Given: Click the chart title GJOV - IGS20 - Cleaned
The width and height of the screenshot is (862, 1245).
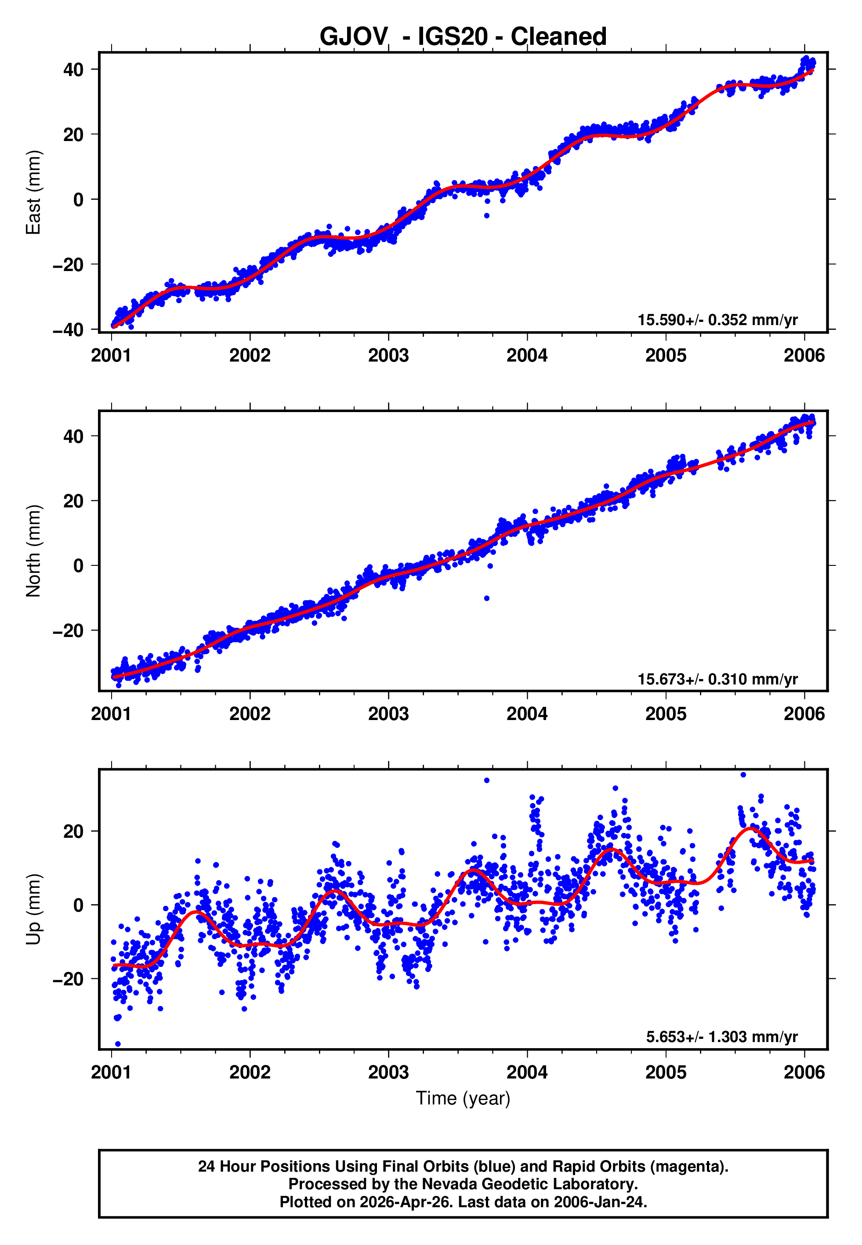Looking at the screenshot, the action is point(463,37).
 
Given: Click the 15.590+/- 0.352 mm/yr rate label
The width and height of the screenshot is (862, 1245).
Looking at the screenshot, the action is point(717,320).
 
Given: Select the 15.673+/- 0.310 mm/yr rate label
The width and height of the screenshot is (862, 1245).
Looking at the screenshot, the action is point(717,679).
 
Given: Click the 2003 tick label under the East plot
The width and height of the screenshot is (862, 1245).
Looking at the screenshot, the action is point(388,355).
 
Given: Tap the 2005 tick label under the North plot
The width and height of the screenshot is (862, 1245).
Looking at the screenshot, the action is point(666,714).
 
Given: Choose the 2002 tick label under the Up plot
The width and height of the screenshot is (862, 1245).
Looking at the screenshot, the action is point(250,1072).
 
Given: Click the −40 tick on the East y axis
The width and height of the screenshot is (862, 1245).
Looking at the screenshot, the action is point(68,329).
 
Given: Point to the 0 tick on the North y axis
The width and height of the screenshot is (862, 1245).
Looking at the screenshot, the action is point(78,565).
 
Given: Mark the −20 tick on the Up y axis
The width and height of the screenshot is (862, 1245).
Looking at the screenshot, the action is point(68,979).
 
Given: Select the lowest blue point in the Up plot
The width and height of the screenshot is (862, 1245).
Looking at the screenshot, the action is point(118,1044).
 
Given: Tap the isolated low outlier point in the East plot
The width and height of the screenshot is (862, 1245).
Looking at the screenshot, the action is point(487,215).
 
